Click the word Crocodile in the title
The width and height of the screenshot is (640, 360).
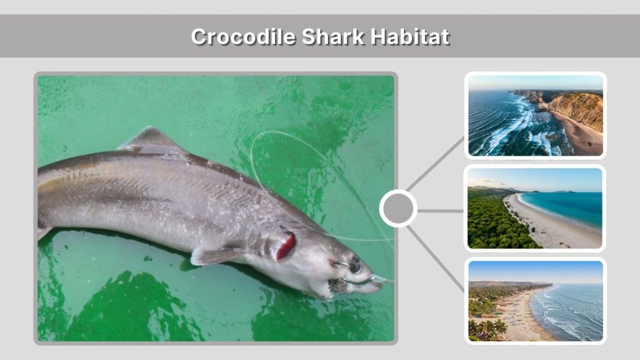[x=243, y=36]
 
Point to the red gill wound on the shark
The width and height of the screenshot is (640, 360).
[x=286, y=246]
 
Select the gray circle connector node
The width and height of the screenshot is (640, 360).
[x=398, y=209]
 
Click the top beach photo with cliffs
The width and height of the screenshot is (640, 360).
[x=536, y=115]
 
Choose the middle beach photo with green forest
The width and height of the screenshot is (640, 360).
[x=536, y=208]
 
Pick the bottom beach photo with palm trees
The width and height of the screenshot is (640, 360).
[x=536, y=301]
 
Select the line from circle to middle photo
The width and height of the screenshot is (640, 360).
[x=440, y=211]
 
